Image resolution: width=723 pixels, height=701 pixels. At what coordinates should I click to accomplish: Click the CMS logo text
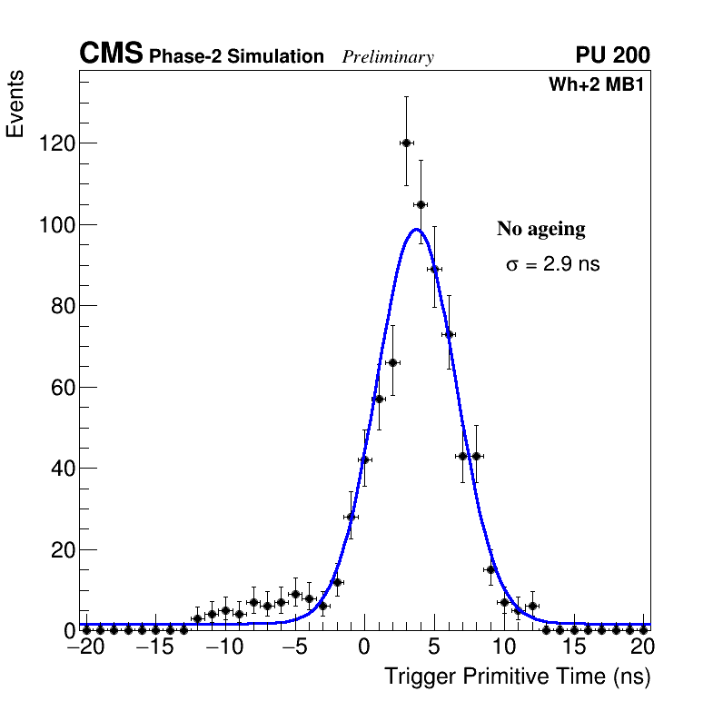coord(111,54)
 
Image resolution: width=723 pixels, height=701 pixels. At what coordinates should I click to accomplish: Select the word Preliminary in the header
coord(388,57)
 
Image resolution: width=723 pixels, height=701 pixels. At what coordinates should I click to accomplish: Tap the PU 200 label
coord(612,55)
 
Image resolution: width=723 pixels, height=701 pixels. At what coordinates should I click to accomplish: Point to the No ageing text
coord(540,229)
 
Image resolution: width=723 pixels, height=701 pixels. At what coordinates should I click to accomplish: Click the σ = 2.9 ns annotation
coord(552,265)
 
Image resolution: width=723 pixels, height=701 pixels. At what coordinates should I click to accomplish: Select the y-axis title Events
coord(15,104)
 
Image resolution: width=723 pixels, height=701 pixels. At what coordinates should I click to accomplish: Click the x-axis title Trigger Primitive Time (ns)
coord(517,676)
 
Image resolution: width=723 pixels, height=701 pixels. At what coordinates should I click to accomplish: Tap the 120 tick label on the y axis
coord(55,143)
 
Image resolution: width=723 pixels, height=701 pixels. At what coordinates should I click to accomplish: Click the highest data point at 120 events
coord(406,143)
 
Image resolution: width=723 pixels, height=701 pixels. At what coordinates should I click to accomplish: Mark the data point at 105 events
coord(421,204)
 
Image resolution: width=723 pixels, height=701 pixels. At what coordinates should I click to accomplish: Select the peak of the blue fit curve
coord(416,229)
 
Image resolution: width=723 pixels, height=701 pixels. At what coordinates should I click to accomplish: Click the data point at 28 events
coord(351,517)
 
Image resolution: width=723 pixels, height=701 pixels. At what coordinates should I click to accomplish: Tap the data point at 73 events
coord(448,334)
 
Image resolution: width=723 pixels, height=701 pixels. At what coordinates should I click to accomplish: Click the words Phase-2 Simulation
coord(236,57)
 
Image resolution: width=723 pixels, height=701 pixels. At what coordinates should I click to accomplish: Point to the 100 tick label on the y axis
coord(55,225)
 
